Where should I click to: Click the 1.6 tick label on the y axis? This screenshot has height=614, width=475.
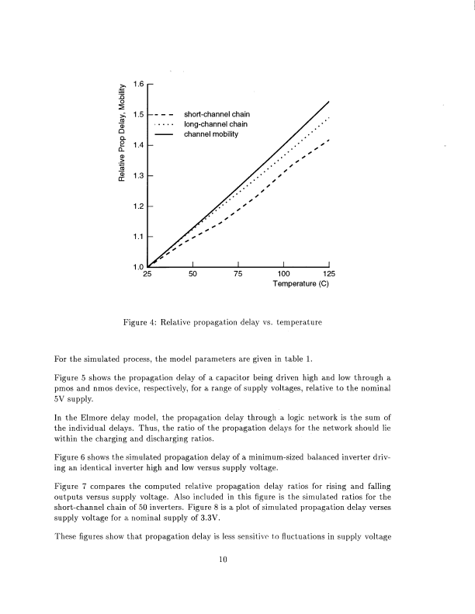[x=138, y=84]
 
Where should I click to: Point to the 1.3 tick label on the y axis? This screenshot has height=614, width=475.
[x=138, y=176]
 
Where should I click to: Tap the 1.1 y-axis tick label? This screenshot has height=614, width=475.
[x=138, y=237]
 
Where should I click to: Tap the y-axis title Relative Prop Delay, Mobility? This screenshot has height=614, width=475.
[x=122, y=134]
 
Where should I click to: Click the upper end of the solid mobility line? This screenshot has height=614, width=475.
[x=329, y=102]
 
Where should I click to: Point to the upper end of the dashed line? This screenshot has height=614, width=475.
[x=329, y=140]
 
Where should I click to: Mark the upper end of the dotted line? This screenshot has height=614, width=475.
[x=329, y=117]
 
